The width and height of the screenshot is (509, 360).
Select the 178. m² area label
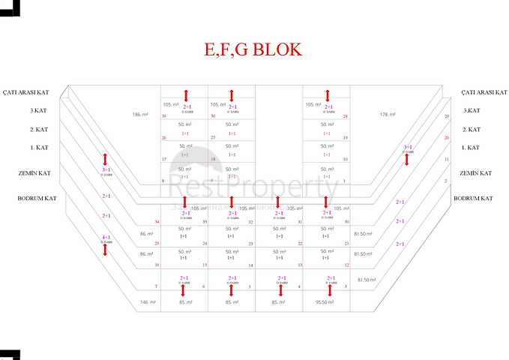(x=387, y=115)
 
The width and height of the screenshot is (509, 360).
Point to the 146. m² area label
(x=147, y=302)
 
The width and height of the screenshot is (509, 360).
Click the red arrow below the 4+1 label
(x=106, y=250)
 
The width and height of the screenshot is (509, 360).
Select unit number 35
(x=163, y=117)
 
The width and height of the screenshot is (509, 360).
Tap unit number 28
(x=345, y=117)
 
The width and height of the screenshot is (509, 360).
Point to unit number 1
(x=344, y=181)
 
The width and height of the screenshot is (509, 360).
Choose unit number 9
(x=213, y=181)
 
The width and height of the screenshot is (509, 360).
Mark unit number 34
(x=157, y=223)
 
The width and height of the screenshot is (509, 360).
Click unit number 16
(x=156, y=265)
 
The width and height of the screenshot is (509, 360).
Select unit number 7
(x=156, y=287)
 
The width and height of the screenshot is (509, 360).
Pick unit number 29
(x=447, y=117)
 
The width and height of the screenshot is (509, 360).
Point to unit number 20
(x=447, y=138)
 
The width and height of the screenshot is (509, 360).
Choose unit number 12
(x=347, y=265)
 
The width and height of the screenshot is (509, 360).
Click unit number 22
(x=300, y=244)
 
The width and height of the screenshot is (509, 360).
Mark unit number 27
(x=213, y=138)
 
